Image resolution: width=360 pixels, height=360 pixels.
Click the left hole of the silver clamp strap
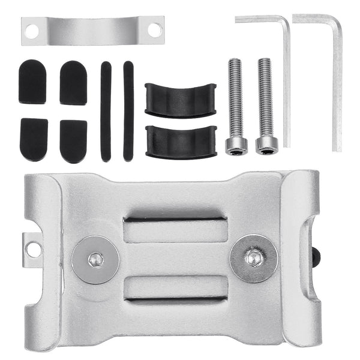point(32,29)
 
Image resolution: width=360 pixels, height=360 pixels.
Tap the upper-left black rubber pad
point(32,82)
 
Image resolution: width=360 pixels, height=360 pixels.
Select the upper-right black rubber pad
point(73,82)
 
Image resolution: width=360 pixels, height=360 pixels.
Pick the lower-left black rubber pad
point(34,139)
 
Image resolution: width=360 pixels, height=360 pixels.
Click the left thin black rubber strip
point(106,111)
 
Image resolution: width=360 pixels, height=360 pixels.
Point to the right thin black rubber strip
point(128,111)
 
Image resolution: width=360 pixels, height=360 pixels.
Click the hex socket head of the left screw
point(235,145)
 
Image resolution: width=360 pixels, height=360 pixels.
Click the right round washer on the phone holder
point(253,258)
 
